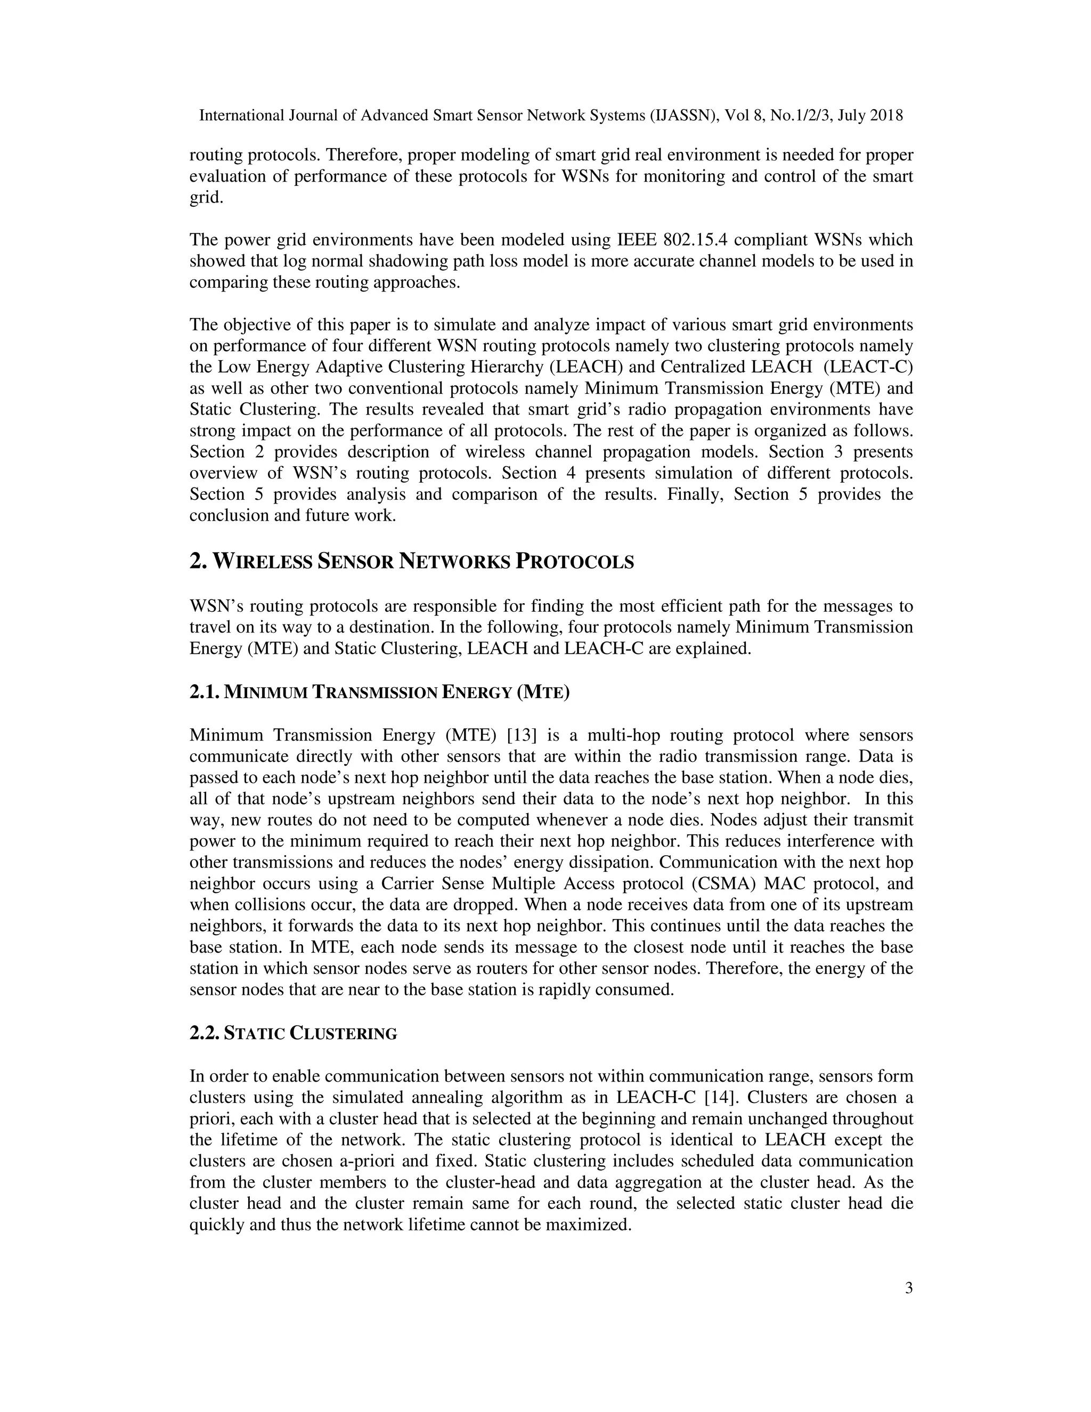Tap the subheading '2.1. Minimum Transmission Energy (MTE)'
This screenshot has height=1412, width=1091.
379,693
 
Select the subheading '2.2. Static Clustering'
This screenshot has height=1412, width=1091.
293,1033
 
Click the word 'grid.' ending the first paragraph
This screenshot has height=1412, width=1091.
206,198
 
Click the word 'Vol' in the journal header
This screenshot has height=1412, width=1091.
737,116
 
